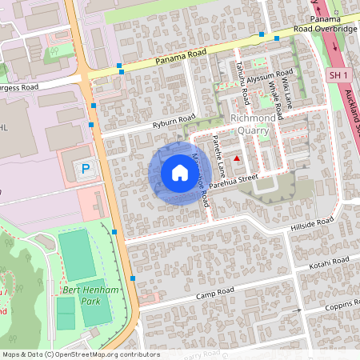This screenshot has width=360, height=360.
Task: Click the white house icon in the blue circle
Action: point(180,173)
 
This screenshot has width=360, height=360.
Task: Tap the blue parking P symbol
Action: point(86,169)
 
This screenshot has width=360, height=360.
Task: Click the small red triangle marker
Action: point(237,159)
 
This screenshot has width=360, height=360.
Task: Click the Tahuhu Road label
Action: point(242,84)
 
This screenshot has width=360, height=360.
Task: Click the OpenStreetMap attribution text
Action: point(80,354)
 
